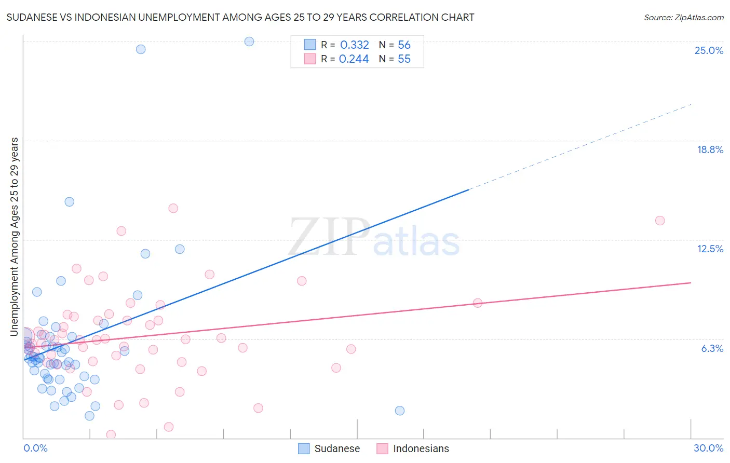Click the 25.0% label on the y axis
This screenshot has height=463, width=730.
tap(709, 50)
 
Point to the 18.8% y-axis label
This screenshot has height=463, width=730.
tap(710, 149)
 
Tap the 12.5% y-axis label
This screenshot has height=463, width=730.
tap(710, 249)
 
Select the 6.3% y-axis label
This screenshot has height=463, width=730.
tap(712, 348)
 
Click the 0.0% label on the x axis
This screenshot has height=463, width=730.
tap(35, 448)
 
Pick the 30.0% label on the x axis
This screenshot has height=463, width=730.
tap(708, 448)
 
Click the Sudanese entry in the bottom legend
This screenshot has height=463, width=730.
tap(336, 448)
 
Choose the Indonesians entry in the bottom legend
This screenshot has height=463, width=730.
tap(421, 448)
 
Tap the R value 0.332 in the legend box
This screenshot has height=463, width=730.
tap(354, 45)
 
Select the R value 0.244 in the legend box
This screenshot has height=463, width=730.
tap(354, 59)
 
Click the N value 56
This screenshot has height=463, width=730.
tap(404, 45)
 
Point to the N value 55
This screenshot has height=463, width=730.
tap(404, 59)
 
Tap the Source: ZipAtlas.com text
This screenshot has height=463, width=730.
tap(683, 17)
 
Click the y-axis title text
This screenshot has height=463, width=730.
tap(15, 236)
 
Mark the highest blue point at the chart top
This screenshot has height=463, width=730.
tap(249, 42)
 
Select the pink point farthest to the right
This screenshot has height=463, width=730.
tap(660, 221)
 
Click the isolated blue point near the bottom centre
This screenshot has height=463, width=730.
tap(399, 411)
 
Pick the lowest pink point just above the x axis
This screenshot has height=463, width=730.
tap(111, 434)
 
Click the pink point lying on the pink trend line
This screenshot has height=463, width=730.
tap(478, 303)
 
